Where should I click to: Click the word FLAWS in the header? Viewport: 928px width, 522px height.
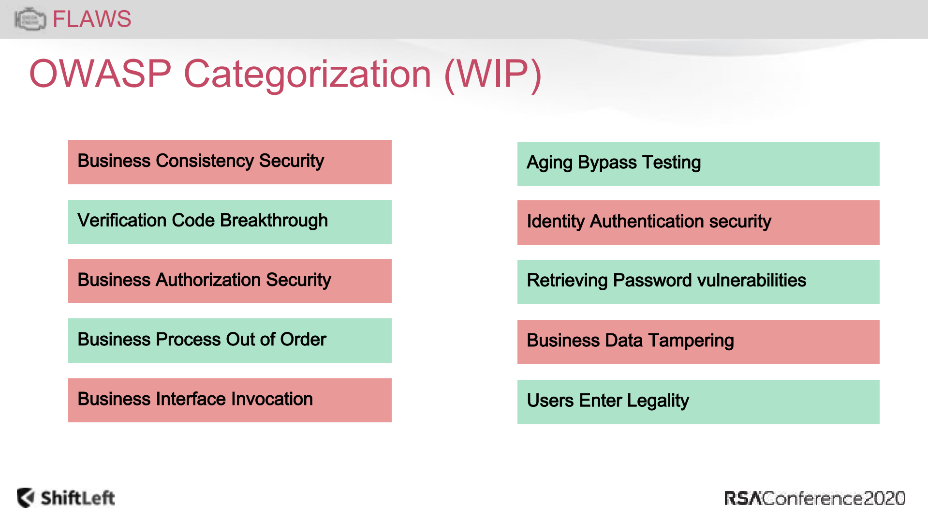(x=92, y=19)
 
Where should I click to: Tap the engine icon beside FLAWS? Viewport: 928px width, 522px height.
(x=30, y=19)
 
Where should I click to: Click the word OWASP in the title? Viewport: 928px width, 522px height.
(x=101, y=74)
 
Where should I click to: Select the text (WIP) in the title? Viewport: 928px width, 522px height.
(x=493, y=75)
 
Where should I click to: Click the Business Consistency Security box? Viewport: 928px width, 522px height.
(x=230, y=162)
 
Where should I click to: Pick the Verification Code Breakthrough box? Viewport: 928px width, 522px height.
(x=230, y=222)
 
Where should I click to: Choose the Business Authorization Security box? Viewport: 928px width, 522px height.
(x=230, y=281)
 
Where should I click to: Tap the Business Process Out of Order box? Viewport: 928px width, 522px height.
(x=230, y=341)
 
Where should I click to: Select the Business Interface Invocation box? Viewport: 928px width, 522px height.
(x=230, y=400)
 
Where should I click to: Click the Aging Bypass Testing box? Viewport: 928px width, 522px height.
(x=698, y=164)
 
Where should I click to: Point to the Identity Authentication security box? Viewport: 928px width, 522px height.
(x=698, y=223)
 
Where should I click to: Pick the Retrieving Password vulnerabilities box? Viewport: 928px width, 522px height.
(x=698, y=282)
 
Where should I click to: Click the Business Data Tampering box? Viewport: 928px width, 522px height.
(x=698, y=342)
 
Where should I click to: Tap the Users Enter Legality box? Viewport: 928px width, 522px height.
(x=698, y=402)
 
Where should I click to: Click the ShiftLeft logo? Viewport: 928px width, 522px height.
(x=66, y=498)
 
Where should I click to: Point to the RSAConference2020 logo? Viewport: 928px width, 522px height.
(x=815, y=498)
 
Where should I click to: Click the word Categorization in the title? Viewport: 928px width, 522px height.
(x=308, y=75)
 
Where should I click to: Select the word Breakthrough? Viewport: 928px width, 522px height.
(x=274, y=221)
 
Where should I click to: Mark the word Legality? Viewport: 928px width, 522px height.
(x=658, y=401)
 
